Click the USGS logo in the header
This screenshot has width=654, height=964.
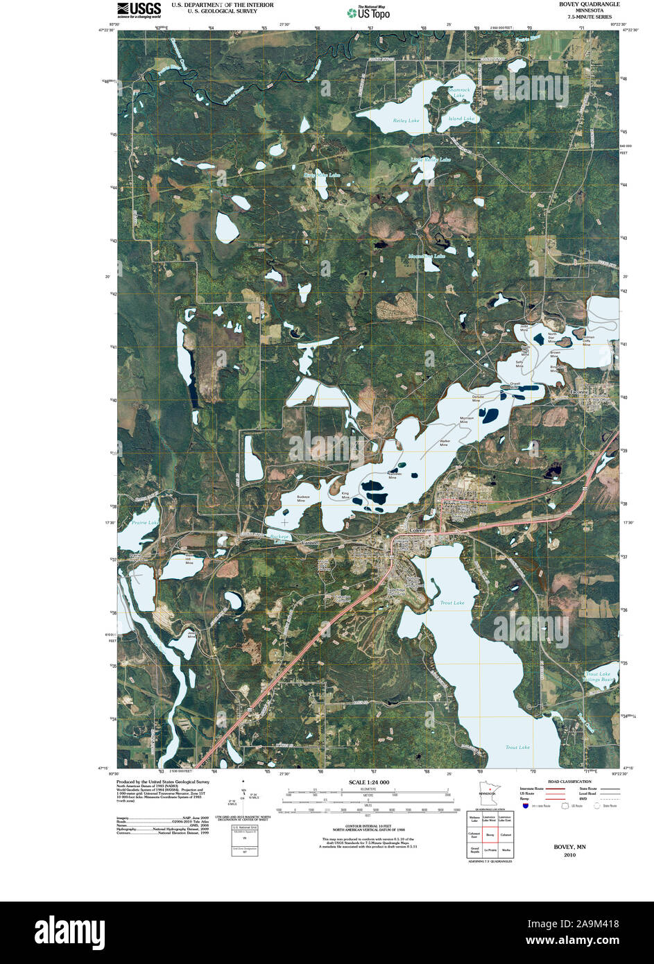coord(139,9)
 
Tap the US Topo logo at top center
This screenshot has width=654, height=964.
coord(369,12)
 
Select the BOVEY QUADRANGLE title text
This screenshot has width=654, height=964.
coord(590,4)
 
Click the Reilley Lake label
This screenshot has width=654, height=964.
coord(406,121)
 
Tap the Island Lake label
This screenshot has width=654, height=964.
coord(461,119)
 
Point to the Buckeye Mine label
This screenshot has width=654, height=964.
coord(303,499)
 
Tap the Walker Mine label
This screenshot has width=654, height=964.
coord(445,443)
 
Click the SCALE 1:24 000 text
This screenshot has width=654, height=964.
coord(368,782)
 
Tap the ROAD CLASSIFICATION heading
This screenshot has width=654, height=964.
coord(569,782)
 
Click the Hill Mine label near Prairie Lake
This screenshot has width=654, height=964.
coord(187,560)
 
